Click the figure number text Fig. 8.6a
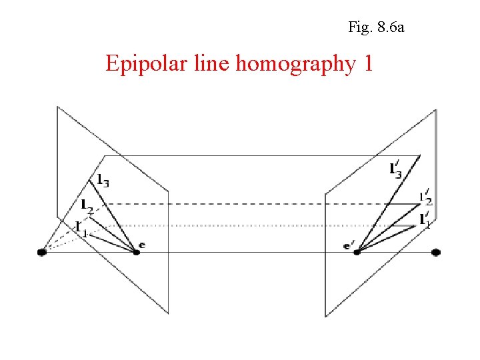coord(376,28)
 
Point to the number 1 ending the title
coord(367,64)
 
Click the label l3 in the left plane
coord(103,179)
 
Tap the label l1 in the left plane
coord(81,227)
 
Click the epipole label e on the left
coord(142,245)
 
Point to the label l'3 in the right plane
coord(396,169)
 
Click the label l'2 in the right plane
coord(425,198)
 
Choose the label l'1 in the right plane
coord(425,220)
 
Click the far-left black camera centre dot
coord(42,252)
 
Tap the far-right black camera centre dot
coord(436,252)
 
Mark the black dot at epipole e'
coord(357,252)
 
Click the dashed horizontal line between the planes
coord(253,203)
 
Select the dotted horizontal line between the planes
coord(253,225)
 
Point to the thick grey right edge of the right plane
coord(436,153)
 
